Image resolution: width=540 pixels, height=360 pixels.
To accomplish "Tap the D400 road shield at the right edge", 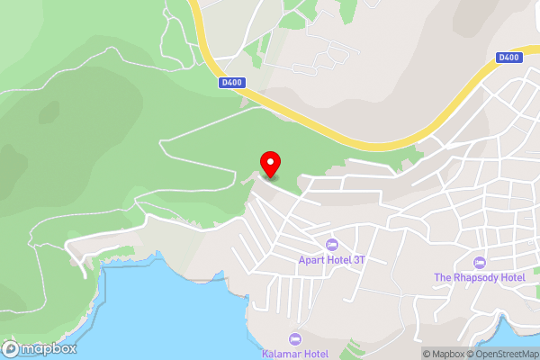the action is click(x=508, y=58).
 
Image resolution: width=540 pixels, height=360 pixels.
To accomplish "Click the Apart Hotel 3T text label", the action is click(x=332, y=259).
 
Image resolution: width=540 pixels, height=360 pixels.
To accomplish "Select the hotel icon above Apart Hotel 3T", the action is click(x=332, y=244).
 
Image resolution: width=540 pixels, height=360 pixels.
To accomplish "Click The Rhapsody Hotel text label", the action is click(x=480, y=277).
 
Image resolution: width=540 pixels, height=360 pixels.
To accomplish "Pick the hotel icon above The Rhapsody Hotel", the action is click(x=480, y=262).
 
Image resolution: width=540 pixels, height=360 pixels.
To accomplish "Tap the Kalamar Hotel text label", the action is click(x=297, y=354).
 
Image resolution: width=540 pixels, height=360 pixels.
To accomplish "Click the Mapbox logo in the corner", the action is click(x=40, y=349).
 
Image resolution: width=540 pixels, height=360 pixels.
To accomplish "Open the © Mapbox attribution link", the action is click(x=445, y=354).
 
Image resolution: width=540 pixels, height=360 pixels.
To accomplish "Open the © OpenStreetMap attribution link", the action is click(x=503, y=354).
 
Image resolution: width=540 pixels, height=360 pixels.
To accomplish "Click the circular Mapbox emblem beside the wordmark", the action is click(x=12, y=349).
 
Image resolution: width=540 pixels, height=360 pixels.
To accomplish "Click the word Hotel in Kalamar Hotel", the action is click(x=315, y=354).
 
